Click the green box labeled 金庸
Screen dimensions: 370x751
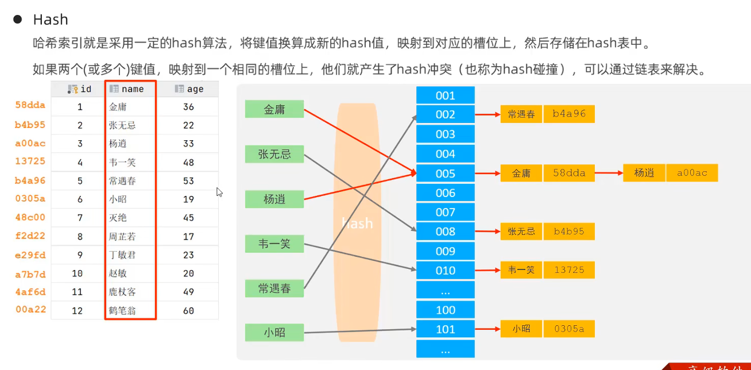click(x=274, y=109)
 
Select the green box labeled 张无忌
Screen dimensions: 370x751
click(x=274, y=154)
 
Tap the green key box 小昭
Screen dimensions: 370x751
click(x=274, y=332)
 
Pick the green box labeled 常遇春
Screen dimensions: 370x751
click(x=274, y=288)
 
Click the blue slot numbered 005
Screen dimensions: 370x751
click(x=445, y=174)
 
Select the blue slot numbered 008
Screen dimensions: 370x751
click(x=445, y=232)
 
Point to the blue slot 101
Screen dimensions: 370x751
click(x=445, y=329)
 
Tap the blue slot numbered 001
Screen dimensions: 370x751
click(x=445, y=95)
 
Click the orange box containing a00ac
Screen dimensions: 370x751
click(x=692, y=173)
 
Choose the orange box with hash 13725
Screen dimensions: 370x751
click(x=569, y=270)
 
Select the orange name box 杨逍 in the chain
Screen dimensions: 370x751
click(x=644, y=173)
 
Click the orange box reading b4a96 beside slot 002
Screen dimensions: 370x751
click(x=569, y=114)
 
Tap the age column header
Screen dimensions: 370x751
click(x=189, y=89)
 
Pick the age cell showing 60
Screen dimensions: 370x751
click(x=188, y=311)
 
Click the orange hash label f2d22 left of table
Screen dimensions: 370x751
click(x=30, y=236)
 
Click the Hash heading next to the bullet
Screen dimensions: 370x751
click(x=51, y=20)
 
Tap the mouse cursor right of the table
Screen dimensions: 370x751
click(x=219, y=192)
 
